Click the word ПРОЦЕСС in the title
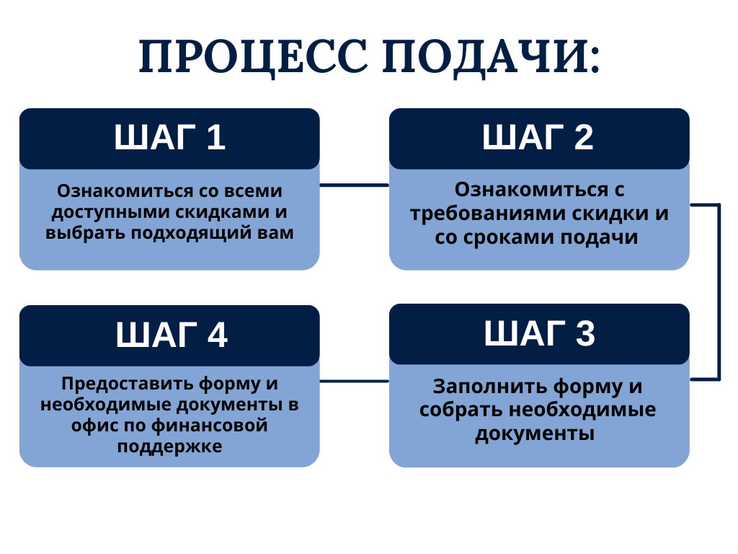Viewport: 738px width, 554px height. click(253, 58)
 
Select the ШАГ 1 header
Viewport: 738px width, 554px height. click(169, 138)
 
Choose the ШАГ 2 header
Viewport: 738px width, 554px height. click(539, 138)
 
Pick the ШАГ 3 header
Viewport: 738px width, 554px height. click(539, 334)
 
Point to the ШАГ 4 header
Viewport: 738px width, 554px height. click(169, 335)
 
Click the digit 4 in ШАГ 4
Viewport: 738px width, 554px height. click(218, 335)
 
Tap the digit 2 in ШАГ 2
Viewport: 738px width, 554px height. click(584, 137)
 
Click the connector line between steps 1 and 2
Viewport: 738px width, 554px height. click(355, 185)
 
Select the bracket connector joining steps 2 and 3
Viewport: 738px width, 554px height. click(719, 292)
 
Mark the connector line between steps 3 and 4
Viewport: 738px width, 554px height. click(355, 381)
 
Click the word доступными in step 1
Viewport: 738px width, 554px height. click(110, 213)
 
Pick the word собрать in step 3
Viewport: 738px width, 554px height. click(462, 410)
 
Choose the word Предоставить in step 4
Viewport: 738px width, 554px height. click(127, 384)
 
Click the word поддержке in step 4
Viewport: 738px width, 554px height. click(169, 447)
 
